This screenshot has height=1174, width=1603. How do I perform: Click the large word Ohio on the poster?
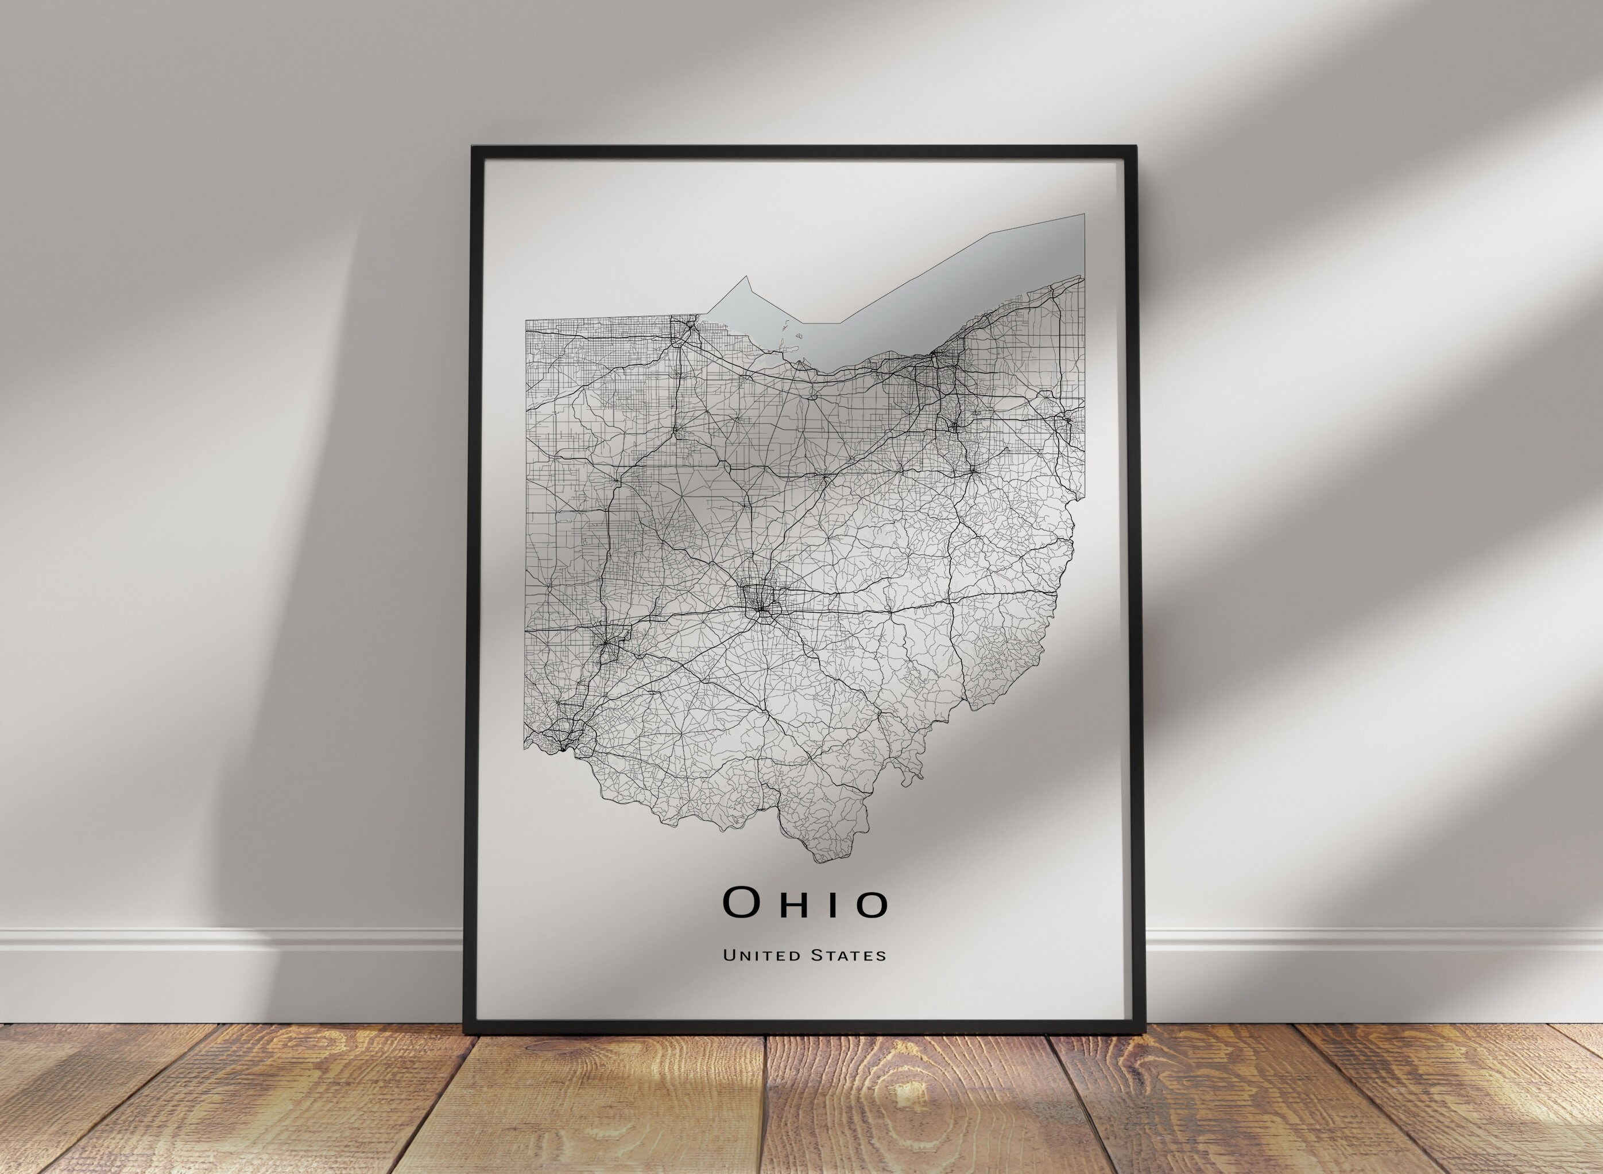click(x=805, y=903)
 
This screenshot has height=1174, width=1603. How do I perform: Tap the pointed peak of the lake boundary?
click(x=746, y=277)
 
